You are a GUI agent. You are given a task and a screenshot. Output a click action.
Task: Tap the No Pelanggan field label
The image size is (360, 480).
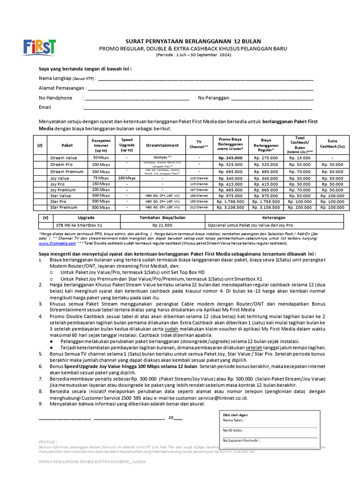click(214, 97)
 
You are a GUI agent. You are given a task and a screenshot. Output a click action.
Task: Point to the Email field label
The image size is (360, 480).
click(45, 107)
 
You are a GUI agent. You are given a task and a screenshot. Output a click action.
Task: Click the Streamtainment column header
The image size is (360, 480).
click(162, 145)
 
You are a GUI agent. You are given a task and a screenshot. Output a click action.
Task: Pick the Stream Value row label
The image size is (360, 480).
click(64, 158)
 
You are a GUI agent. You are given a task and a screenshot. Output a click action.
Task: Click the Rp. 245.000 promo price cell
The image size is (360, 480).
click(230, 158)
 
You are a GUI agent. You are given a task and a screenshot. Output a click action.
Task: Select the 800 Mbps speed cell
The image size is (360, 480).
click(100, 207)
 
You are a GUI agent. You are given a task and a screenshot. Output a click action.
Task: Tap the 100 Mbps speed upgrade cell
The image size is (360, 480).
click(127, 178)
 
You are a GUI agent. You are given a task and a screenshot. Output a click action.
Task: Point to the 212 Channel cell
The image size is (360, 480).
click(199, 207)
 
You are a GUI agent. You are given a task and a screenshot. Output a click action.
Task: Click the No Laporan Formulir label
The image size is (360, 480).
click(241, 441)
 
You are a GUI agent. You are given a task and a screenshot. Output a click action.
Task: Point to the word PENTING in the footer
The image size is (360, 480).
click(48, 442)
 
